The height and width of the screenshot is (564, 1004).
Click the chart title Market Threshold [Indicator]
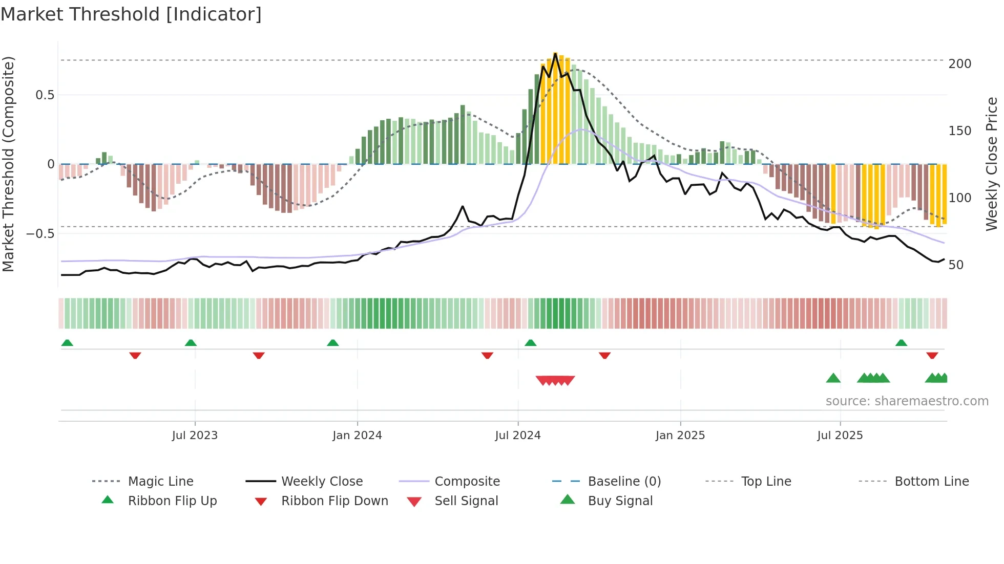click(131, 14)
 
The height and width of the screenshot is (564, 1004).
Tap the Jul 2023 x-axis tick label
click(195, 436)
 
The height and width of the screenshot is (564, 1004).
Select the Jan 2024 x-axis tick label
click(357, 436)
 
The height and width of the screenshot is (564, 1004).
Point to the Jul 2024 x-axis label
click(518, 436)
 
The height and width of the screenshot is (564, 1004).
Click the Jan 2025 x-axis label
click(680, 436)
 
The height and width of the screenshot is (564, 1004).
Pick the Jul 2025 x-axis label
click(840, 436)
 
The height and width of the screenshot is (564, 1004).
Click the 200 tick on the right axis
click(960, 64)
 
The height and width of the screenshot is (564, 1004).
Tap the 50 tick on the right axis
click(956, 265)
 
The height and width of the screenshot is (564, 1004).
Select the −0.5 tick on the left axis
click(40, 234)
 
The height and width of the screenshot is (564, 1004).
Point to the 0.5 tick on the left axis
click(45, 95)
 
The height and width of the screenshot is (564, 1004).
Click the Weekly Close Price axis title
click(992, 164)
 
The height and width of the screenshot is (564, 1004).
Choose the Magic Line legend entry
click(160, 482)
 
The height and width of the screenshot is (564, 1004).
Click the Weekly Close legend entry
click(322, 482)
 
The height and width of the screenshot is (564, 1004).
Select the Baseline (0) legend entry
click(624, 482)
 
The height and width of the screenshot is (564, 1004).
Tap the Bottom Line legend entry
click(931, 482)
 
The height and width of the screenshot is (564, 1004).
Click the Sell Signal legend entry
click(466, 501)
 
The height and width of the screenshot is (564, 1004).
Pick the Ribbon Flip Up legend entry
click(172, 501)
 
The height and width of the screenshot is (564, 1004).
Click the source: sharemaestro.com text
click(907, 401)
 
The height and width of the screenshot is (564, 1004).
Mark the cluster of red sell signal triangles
click(555, 380)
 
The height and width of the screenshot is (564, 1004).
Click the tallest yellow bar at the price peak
click(555, 107)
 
